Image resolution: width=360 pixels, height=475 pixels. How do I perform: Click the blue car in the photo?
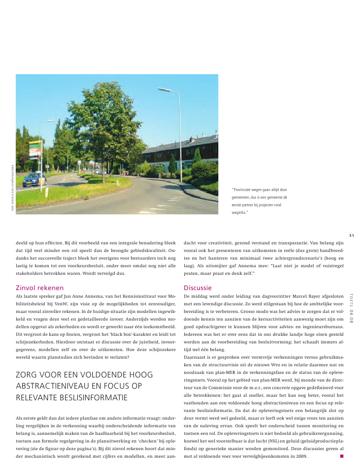(x=32, y=180)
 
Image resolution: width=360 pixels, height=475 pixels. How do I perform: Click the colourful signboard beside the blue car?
(x=35, y=149)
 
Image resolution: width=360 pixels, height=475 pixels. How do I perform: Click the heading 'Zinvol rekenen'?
(x=39, y=288)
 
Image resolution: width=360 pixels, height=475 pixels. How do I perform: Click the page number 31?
(x=351, y=235)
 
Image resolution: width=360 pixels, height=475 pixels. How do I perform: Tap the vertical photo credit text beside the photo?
(x=11, y=186)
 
